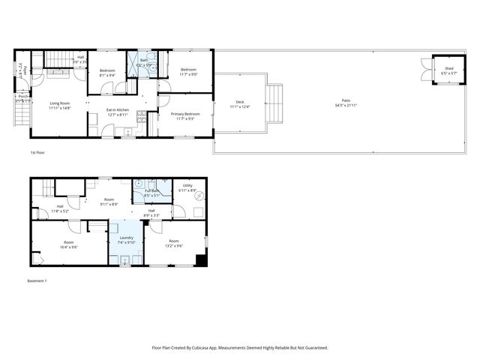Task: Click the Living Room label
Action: [59, 103]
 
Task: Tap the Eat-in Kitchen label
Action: [117, 110]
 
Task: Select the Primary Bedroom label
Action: [185, 114]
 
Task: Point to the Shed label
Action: [448, 69]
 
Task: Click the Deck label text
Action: [240, 102]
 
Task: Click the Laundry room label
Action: [125, 238]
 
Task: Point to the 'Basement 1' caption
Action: [37, 281]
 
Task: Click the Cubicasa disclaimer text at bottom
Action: [240, 347]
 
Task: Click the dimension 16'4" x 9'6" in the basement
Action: [69, 246]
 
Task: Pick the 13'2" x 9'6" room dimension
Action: [174, 245]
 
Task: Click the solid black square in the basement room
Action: [200, 260]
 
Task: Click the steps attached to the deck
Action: [276, 103]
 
